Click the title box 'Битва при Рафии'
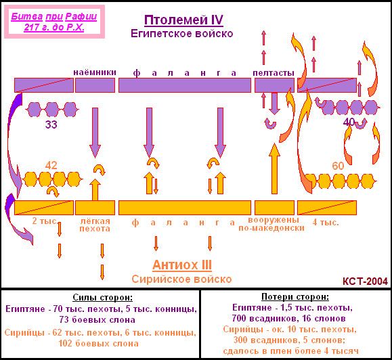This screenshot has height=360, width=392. tap(54, 22)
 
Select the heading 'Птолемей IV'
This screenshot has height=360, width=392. tap(183, 20)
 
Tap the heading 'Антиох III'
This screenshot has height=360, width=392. tap(182, 265)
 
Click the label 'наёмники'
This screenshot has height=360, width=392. tap(95, 72)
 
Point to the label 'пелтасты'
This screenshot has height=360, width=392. tap(274, 72)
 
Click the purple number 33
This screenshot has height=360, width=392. tap(51, 125)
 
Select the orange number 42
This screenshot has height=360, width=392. tap(51, 165)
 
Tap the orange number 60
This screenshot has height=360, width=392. tap(338, 166)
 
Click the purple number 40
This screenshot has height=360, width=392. tap(349, 122)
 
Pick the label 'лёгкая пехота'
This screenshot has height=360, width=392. tap(95, 225)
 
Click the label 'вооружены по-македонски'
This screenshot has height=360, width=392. tap(271, 224)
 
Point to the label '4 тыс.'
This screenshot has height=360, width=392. tap(326, 222)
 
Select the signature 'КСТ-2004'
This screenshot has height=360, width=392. tap(365, 282)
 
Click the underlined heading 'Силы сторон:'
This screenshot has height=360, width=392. tap(102, 297)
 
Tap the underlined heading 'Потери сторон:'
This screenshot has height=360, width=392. tap(295, 297)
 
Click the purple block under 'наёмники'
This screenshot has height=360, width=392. tap(95, 85)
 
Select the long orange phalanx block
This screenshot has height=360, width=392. tap(185, 208)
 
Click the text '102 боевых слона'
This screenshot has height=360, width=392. tap(98, 344)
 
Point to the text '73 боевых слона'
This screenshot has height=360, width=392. tap(97, 320)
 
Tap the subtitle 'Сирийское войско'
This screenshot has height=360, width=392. tap(181, 279)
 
